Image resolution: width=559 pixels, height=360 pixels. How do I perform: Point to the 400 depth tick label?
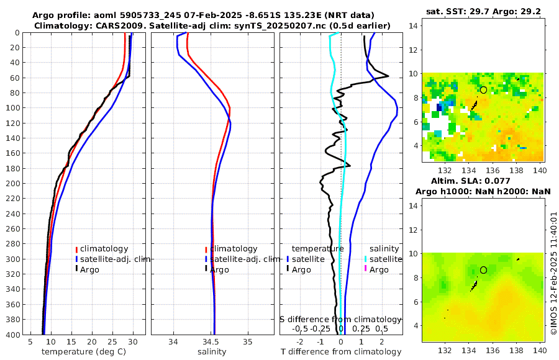click(x=12, y=334)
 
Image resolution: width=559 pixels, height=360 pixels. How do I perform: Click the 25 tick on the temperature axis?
click(x=112, y=341)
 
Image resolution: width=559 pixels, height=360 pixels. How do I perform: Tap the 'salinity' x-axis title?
click(x=211, y=352)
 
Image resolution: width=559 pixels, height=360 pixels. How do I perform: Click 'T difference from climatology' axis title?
click(x=342, y=352)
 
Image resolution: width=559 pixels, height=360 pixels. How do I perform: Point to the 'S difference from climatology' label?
click(x=341, y=319)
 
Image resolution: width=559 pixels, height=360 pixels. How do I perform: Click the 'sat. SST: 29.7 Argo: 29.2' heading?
click(x=483, y=11)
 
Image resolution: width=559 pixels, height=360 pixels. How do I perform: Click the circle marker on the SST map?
click(x=483, y=90)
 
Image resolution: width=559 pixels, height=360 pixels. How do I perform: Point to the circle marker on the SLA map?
click(x=483, y=270)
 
